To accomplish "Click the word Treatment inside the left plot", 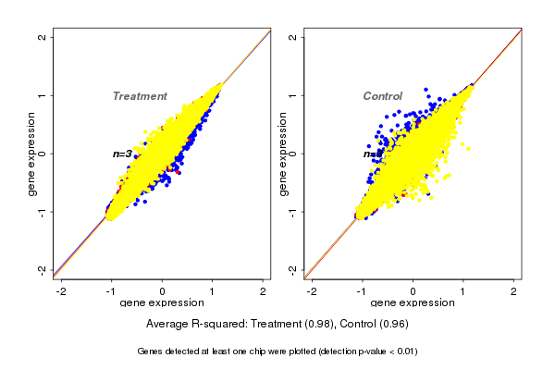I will pos(140,96).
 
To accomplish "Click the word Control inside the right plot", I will pos(382,96).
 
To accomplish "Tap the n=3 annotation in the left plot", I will pos(122,154).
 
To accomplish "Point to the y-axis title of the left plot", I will pos(32,154).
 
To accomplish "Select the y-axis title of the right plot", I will pos(283,154).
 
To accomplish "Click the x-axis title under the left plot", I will pos(162,303).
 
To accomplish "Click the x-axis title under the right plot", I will pos(413,303).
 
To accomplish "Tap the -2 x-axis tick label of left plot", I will pos(61,291).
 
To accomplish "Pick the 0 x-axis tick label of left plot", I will pos(163,291).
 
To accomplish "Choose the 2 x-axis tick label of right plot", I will pos(514,291).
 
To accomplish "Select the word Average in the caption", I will pos(168,324).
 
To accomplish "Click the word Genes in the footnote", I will pos(151,351).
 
